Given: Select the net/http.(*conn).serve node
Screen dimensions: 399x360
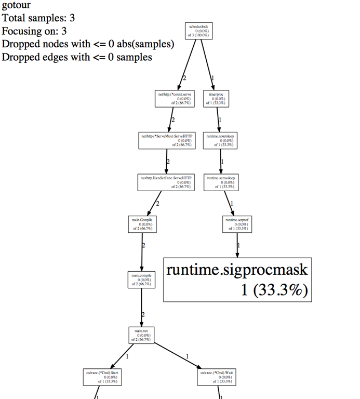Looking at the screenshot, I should pyautogui.click(x=174, y=99).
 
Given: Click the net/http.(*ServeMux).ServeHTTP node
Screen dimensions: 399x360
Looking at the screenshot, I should pyautogui.click(x=166, y=140).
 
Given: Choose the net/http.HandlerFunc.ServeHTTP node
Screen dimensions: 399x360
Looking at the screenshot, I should pyautogui.click(x=166, y=182).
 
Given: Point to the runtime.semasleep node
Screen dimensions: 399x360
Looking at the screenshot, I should pyautogui.click(x=221, y=182).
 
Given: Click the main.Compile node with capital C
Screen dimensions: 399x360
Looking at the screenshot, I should pyautogui.click(x=142, y=224).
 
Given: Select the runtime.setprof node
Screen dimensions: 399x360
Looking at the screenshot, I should pyautogui.click(x=237, y=224).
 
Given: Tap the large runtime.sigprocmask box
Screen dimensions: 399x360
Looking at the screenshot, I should pyautogui.click(x=237, y=280).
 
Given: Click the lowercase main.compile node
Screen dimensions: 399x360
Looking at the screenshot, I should pyautogui.click(x=142, y=280).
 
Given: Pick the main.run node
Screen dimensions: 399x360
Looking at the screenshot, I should pyautogui.click(x=142, y=335).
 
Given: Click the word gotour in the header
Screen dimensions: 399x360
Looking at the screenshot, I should pyautogui.click(x=15, y=5).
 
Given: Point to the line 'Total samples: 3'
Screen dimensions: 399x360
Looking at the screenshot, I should pyautogui.click(x=38, y=18).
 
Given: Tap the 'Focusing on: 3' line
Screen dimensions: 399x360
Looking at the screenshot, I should pyautogui.click(x=34, y=31).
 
